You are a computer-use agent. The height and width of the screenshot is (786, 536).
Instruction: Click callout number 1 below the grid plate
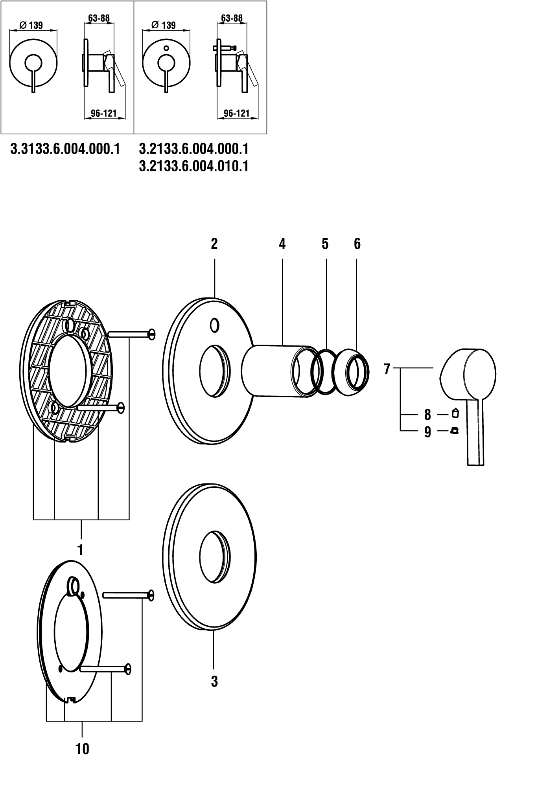(80, 549)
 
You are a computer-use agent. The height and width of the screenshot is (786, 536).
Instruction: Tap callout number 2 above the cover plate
(214, 244)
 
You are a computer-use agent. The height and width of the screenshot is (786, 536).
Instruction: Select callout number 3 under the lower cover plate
(214, 681)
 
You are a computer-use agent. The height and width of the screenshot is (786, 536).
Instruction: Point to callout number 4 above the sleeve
(282, 244)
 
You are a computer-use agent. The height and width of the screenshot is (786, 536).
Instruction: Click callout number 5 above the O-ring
(325, 244)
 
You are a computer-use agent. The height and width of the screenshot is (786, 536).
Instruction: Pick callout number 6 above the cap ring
(357, 244)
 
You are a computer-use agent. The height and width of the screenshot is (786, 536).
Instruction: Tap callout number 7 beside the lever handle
(387, 369)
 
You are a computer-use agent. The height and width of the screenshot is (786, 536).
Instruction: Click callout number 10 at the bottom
(82, 749)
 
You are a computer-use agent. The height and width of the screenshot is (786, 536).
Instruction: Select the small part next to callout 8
(455, 413)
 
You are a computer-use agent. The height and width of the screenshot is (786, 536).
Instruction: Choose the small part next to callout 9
(455, 431)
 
